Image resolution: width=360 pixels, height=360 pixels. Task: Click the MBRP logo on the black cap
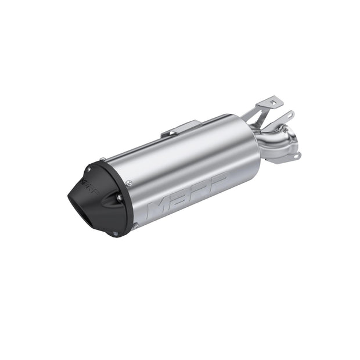tap(91, 187)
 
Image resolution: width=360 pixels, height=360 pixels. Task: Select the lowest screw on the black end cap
tap(115, 233)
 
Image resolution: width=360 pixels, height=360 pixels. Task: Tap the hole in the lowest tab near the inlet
tap(297, 156)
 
